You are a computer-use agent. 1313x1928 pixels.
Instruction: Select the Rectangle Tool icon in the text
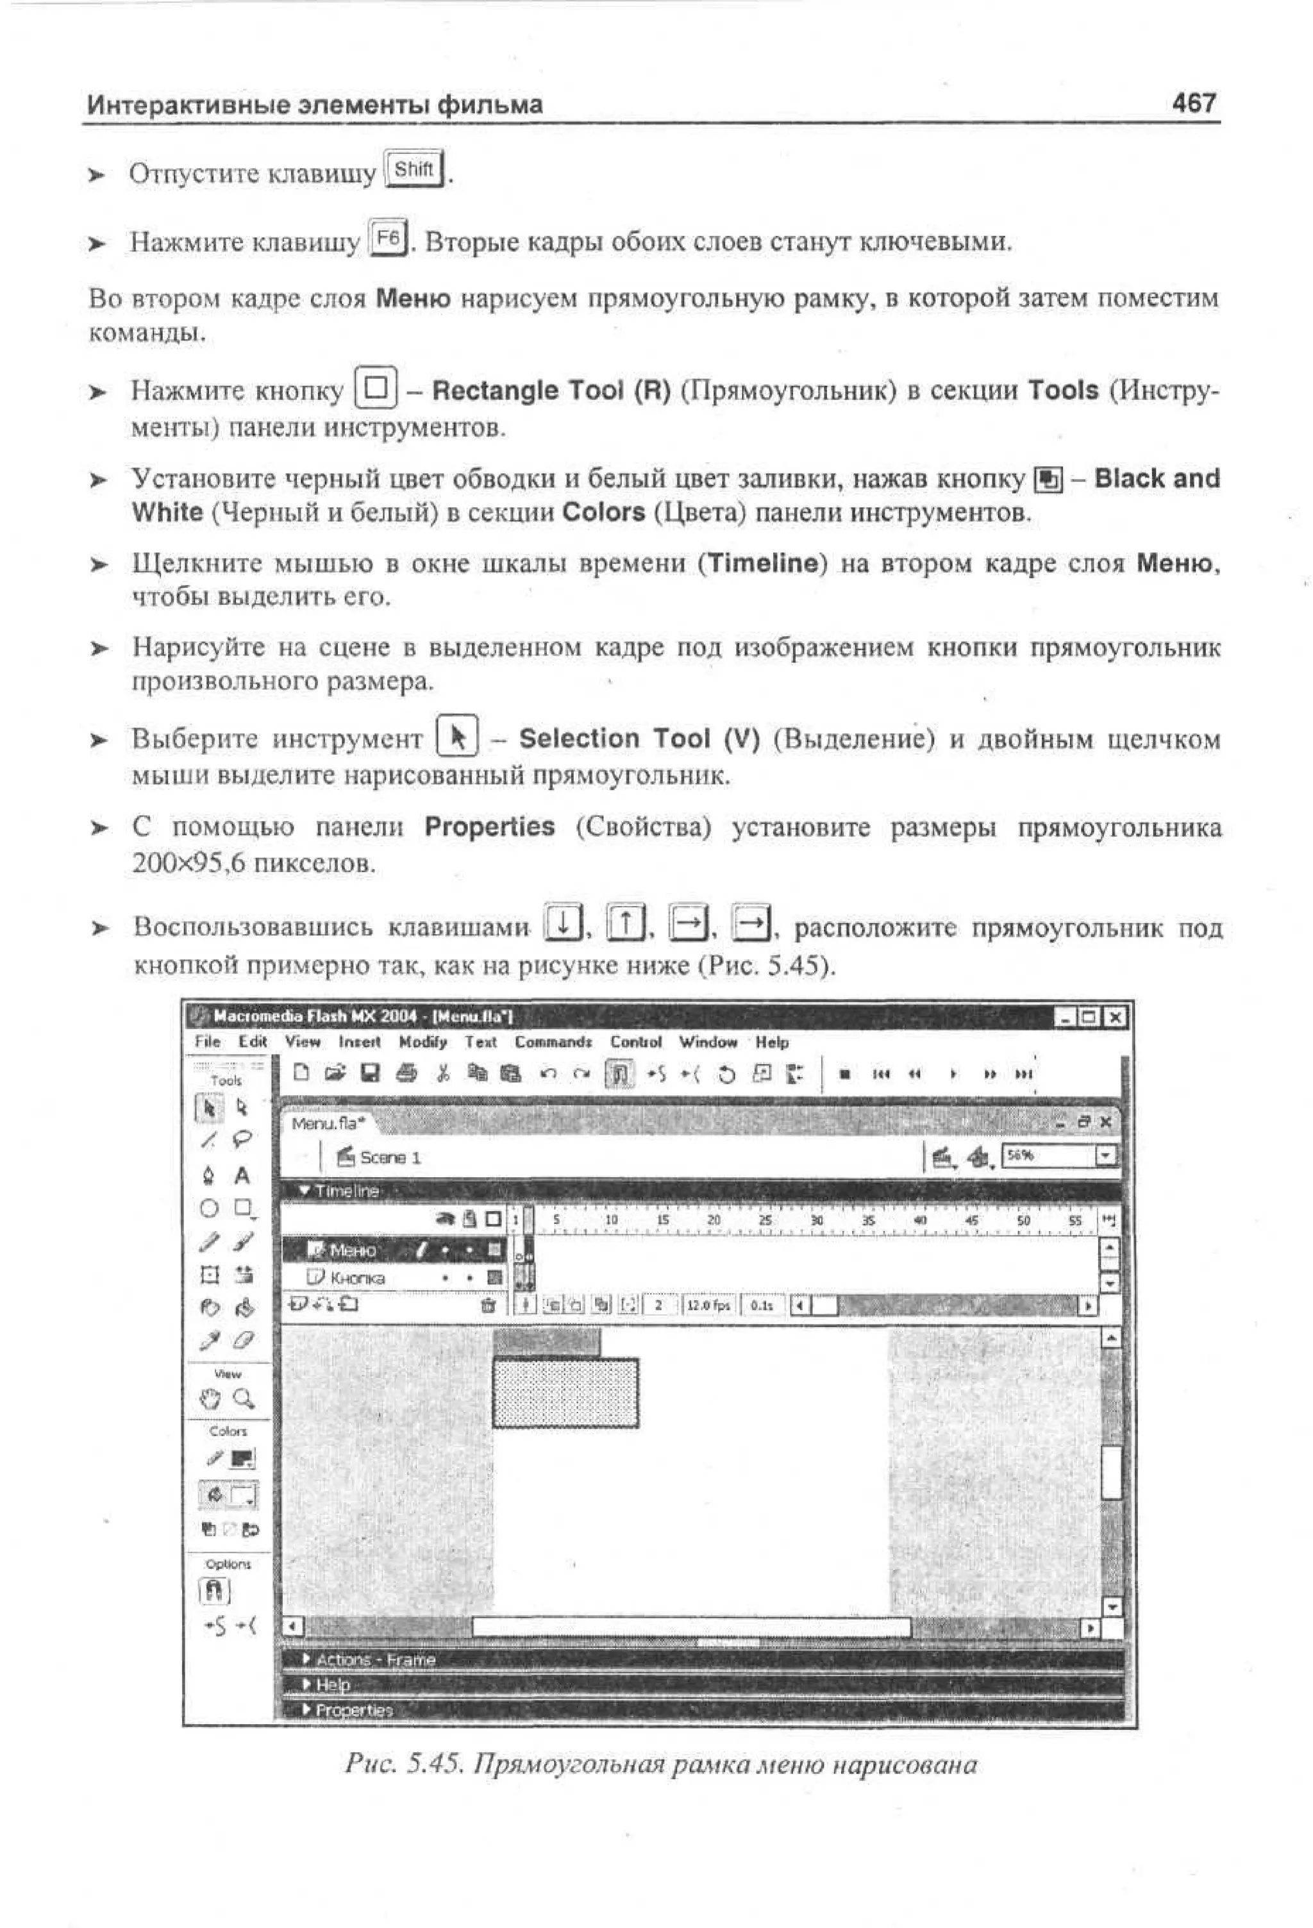click(376, 389)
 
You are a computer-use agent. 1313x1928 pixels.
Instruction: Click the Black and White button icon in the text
click(1048, 480)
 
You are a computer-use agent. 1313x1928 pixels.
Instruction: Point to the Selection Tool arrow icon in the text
click(457, 737)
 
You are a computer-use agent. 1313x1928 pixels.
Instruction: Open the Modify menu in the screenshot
click(422, 1042)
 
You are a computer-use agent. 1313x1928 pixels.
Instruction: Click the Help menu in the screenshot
click(771, 1042)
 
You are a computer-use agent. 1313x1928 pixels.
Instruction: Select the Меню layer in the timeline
click(353, 1250)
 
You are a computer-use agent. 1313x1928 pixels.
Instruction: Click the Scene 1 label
click(389, 1157)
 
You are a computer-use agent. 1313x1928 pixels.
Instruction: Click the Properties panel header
click(354, 1710)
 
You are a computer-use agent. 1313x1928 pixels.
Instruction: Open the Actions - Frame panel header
click(376, 1659)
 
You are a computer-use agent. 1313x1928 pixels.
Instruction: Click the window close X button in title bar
click(1116, 1017)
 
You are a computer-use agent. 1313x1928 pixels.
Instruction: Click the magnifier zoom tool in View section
click(243, 1398)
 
